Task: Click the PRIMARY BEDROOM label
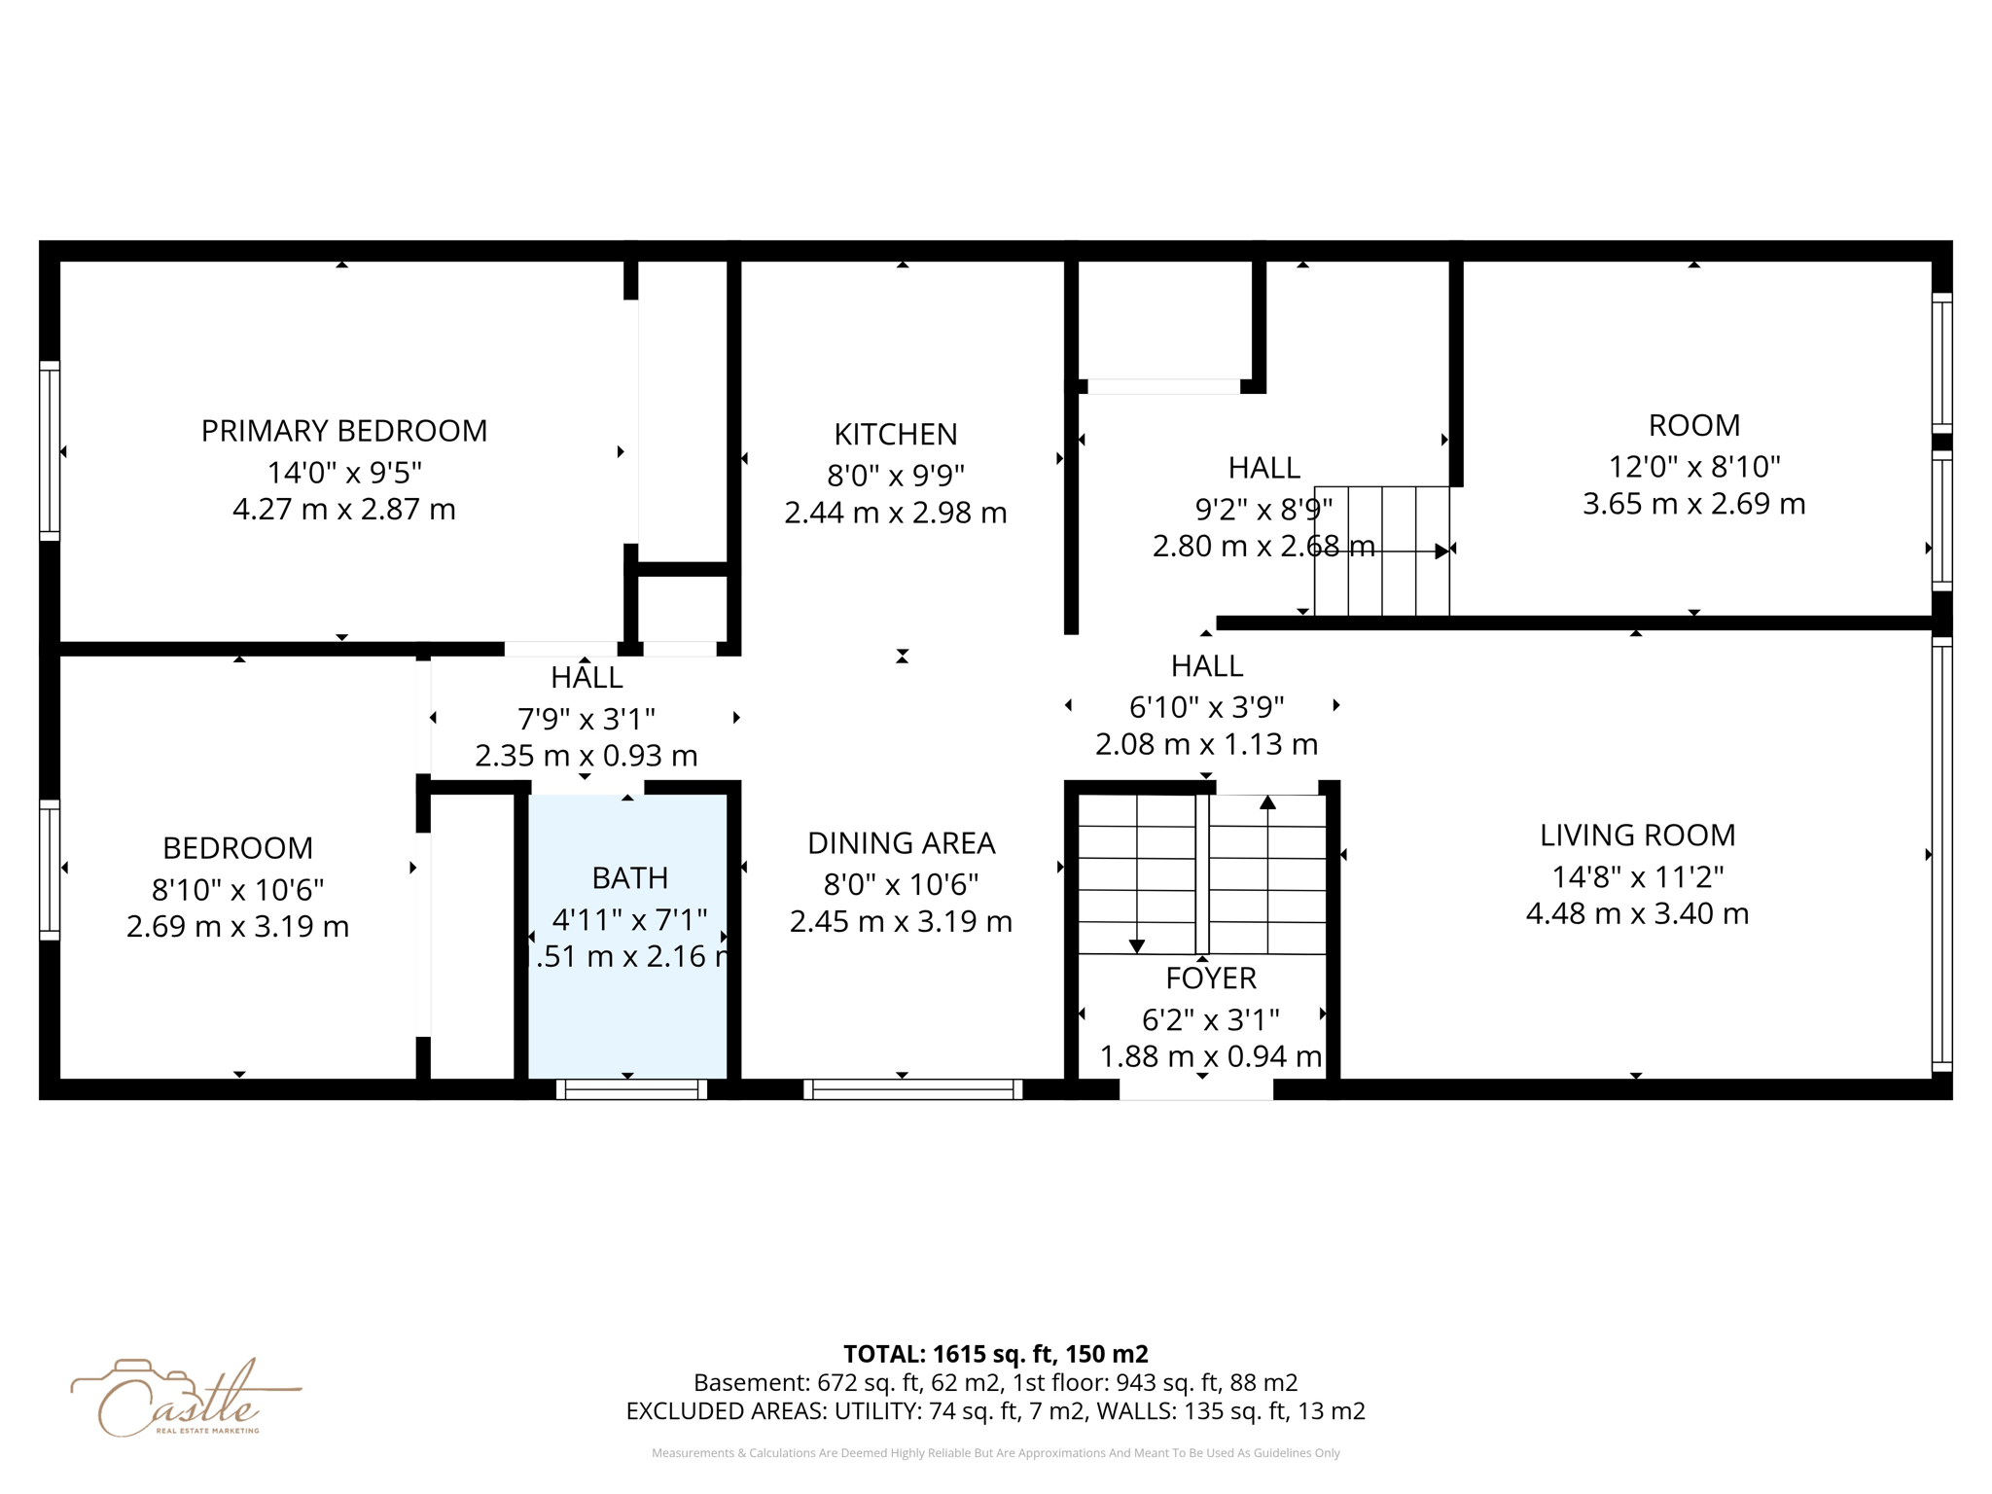(343, 431)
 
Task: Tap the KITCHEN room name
(895, 434)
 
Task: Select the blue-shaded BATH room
(627, 1012)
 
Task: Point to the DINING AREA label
(901, 842)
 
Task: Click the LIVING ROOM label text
(1637, 835)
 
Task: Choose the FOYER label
(1211, 978)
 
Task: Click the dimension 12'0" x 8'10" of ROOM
(1693, 467)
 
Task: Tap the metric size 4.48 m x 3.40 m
(1637, 913)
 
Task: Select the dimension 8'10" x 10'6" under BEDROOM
(237, 889)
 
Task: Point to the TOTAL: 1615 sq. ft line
(995, 1353)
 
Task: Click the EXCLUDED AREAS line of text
(995, 1410)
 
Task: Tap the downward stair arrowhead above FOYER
(1136, 945)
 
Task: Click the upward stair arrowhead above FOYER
(1267, 802)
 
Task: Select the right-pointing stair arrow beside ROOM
(1441, 551)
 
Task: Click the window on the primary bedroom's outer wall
(49, 450)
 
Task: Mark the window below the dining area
(912, 1089)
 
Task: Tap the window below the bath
(631, 1089)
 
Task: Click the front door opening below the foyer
(1196, 1090)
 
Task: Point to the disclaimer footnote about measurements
(995, 1453)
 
